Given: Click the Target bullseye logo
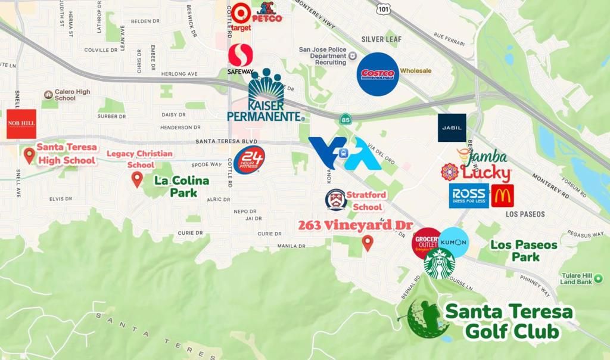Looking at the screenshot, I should [241, 13].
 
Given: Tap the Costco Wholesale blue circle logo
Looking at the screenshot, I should [378, 74].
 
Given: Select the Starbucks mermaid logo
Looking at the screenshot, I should [440, 263].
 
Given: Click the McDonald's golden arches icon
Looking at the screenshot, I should [502, 195].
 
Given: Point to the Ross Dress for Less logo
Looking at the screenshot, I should [469, 195].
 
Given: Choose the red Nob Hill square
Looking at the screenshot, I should [21, 124].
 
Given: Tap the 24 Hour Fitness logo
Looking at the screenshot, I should [248, 160].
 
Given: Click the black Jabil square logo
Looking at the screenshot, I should [452, 128].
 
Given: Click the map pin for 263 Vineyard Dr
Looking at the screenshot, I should [368, 243].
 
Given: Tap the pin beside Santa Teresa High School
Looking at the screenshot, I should [29, 156].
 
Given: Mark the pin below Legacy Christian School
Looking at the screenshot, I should [137, 179].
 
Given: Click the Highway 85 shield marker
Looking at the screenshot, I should [345, 120].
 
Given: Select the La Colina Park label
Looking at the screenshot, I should [181, 187].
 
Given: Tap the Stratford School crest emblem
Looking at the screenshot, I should [336, 200].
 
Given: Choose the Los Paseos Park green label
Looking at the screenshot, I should [524, 251].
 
